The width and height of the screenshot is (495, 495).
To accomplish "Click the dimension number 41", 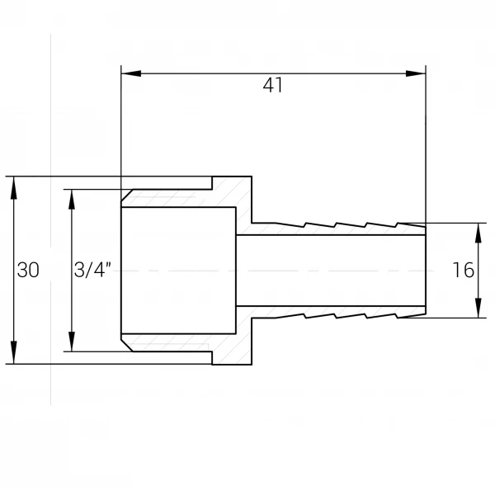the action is pyautogui.click(x=273, y=85).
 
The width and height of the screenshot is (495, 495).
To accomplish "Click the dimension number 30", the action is pyautogui.click(x=28, y=270).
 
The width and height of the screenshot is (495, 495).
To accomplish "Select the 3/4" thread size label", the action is pyautogui.click(x=92, y=270).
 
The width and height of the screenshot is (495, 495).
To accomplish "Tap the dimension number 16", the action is pyautogui.click(x=464, y=270).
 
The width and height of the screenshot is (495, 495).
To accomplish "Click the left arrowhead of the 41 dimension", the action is pyautogui.click(x=131, y=73).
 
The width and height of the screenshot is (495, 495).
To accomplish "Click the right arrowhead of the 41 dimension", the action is pyautogui.click(x=416, y=73).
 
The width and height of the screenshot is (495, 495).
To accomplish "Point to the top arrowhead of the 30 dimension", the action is pyautogui.click(x=13, y=187).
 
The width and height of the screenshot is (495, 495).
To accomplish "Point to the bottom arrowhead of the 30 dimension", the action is pyautogui.click(x=13, y=353).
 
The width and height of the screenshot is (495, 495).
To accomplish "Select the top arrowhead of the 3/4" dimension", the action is pyautogui.click(x=72, y=200).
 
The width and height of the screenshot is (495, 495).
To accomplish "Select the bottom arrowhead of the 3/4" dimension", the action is pyautogui.click(x=72, y=341).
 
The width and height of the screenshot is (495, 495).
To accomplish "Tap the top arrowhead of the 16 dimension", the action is pyautogui.click(x=478, y=233).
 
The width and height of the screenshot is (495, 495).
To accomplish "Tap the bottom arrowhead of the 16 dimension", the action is pyautogui.click(x=478, y=308).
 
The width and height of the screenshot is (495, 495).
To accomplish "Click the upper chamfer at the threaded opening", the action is pyautogui.click(x=127, y=195).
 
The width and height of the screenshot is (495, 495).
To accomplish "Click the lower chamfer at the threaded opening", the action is pyautogui.click(x=127, y=346).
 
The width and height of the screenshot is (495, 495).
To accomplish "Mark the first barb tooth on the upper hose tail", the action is pyautogui.click(x=290, y=224).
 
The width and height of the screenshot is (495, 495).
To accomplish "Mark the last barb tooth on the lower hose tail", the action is pyautogui.click(x=411, y=316).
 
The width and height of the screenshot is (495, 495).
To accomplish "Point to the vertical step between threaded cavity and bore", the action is pyautogui.click(x=236, y=271).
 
